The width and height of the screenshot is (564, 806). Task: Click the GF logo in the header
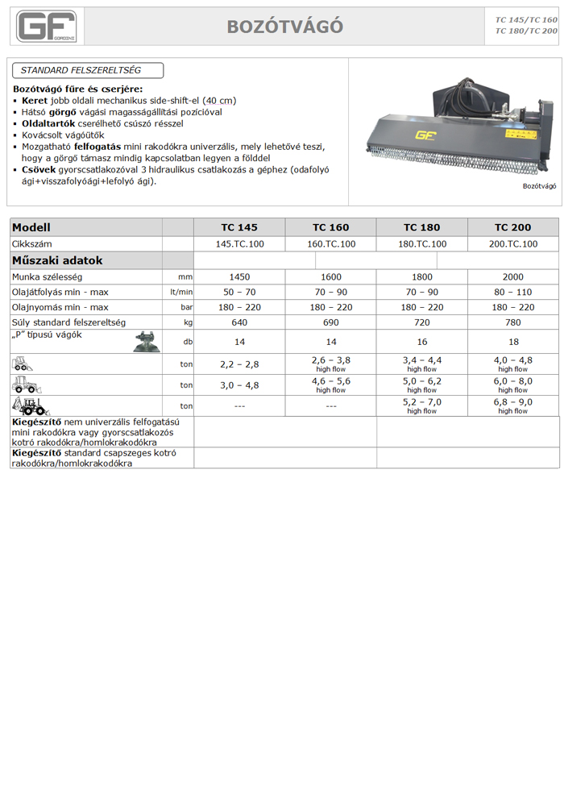(46, 26)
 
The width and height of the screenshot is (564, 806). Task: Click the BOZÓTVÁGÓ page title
(285, 27)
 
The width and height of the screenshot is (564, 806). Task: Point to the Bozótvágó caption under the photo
(539, 185)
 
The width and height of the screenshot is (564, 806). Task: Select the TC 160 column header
(330, 227)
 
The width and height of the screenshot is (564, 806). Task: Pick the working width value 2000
(512, 276)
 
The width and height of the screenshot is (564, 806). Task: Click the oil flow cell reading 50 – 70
(239, 292)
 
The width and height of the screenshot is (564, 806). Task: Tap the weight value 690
(330, 322)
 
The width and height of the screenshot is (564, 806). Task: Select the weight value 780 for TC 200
(512, 322)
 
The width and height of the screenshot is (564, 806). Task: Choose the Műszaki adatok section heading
(57, 260)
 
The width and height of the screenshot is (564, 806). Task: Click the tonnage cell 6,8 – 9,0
(512, 402)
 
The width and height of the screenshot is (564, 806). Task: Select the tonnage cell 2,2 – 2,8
(239, 364)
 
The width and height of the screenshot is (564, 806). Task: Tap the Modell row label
(32, 227)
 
